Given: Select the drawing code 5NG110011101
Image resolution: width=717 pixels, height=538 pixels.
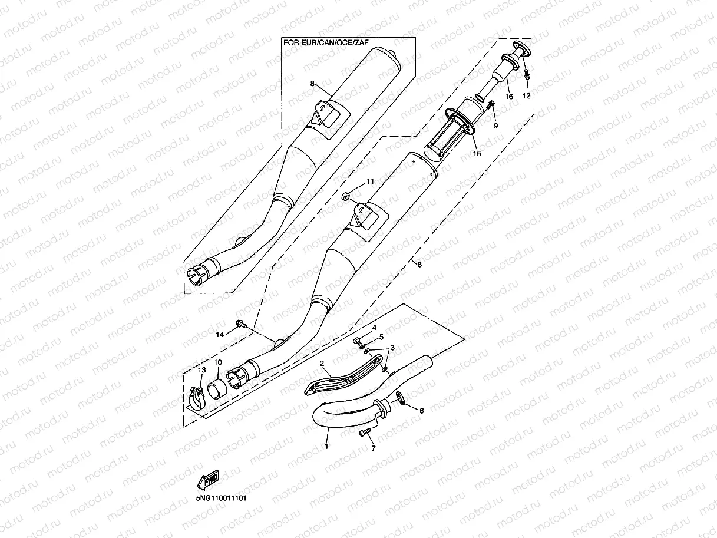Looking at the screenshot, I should (x=221, y=498).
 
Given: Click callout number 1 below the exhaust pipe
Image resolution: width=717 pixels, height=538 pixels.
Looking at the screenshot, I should (x=326, y=447).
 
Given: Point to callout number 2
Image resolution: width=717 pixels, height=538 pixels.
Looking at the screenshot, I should (x=322, y=364).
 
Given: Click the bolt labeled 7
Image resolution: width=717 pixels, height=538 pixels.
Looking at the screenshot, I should (x=365, y=433).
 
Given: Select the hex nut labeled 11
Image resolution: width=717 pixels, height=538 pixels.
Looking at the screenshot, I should (x=346, y=195).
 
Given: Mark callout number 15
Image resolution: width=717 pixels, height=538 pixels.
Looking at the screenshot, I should (x=476, y=153).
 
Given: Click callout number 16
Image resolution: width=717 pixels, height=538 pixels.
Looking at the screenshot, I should (x=509, y=96).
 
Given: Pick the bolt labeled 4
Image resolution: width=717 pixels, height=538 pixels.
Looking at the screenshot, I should (x=358, y=341).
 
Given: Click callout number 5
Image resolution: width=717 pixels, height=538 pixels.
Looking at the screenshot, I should (x=381, y=336).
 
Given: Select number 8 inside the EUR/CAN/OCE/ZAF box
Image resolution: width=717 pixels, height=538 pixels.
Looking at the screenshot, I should (x=313, y=84).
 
